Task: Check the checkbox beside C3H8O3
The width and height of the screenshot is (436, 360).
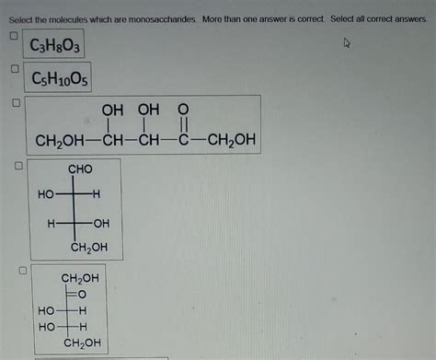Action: [x=14, y=36]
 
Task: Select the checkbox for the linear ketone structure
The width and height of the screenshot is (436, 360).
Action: [x=15, y=103]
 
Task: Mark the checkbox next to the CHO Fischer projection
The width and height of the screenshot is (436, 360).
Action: [x=17, y=167]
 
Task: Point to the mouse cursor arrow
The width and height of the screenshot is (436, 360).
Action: [x=347, y=42]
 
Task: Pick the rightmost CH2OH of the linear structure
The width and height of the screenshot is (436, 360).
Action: [x=229, y=141]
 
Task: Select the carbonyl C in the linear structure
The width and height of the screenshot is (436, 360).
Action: [x=182, y=141]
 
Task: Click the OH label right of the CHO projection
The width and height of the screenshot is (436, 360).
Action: [x=100, y=224]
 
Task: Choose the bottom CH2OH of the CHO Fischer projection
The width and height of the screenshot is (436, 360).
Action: [x=88, y=247]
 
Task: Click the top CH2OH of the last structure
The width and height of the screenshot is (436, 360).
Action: [x=80, y=277]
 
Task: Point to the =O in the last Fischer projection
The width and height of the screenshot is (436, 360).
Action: [x=80, y=294]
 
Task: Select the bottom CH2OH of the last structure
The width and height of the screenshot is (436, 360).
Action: [x=81, y=343]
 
